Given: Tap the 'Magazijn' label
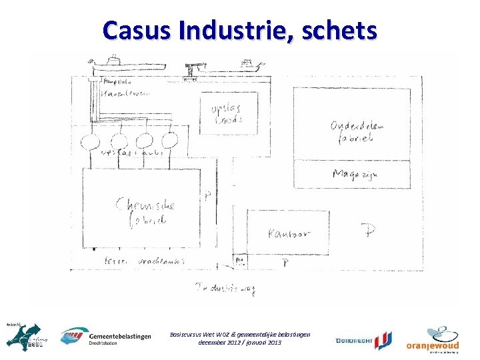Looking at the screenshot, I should click(359, 175).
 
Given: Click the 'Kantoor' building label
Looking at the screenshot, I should click(288, 234).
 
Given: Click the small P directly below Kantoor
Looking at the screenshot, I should click(285, 263).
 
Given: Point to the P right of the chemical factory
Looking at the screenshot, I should click(209, 196).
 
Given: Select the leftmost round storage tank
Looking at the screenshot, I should click(89, 141).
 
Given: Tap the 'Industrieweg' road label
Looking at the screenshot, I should click(225, 288).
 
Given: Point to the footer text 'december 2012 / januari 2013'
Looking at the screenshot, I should click(240, 342).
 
